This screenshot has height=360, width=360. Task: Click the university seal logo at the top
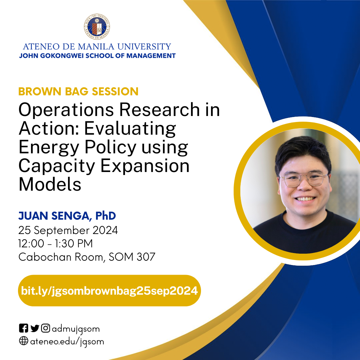pyautogui.click(x=97, y=27)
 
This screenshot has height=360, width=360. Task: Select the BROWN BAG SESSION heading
pyautogui.click(x=78, y=91)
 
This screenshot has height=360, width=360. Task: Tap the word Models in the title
pyautogui.click(x=50, y=184)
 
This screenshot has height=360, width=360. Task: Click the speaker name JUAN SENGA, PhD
pyautogui.click(x=67, y=216)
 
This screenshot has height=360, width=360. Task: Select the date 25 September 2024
pyautogui.click(x=68, y=230)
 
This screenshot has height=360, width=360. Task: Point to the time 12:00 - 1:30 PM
pyautogui.click(x=55, y=244)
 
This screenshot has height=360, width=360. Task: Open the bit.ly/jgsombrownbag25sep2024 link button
pyautogui.click(x=109, y=291)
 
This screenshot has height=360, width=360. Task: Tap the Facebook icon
pyautogui.click(x=23, y=328)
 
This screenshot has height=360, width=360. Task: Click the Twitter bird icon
pyautogui.click(x=35, y=328)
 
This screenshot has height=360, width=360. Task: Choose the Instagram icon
pyautogui.click(x=46, y=328)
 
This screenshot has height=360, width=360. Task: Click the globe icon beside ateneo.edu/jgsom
pyautogui.click(x=23, y=341)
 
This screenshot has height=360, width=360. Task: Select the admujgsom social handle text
pyautogui.click(x=76, y=329)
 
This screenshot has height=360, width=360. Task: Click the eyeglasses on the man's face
pyautogui.click(x=304, y=180)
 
